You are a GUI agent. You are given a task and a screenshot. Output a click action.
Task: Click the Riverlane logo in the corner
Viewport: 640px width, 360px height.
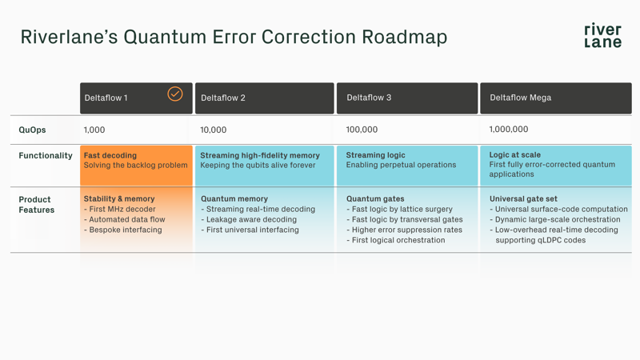click(602, 36)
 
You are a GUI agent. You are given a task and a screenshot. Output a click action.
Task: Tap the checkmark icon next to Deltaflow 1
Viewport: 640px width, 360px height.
click(174, 94)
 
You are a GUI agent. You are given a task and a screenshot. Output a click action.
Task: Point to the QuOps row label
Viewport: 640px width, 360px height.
click(33, 130)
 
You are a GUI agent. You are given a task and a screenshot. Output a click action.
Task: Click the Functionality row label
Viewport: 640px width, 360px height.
click(46, 155)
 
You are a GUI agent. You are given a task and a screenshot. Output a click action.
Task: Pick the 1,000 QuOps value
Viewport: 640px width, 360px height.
click(94, 130)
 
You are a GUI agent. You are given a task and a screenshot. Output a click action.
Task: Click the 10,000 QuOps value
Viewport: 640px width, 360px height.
click(214, 130)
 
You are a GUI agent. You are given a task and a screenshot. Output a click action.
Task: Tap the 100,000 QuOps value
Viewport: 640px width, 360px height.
click(362, 130)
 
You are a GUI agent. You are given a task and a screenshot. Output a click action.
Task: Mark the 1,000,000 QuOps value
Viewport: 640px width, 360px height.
click(509, 130)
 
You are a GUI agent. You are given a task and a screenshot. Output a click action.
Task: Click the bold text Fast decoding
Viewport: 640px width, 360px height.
click(110, 155)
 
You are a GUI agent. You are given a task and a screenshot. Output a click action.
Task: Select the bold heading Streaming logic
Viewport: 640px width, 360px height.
click(375, 155)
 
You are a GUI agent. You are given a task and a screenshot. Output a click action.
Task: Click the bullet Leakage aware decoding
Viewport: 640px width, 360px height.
click(252, 219)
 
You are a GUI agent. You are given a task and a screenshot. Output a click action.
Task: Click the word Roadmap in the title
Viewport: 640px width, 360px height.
click(404, 37)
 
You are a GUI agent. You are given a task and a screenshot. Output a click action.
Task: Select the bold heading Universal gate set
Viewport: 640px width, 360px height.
click(523, 198)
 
